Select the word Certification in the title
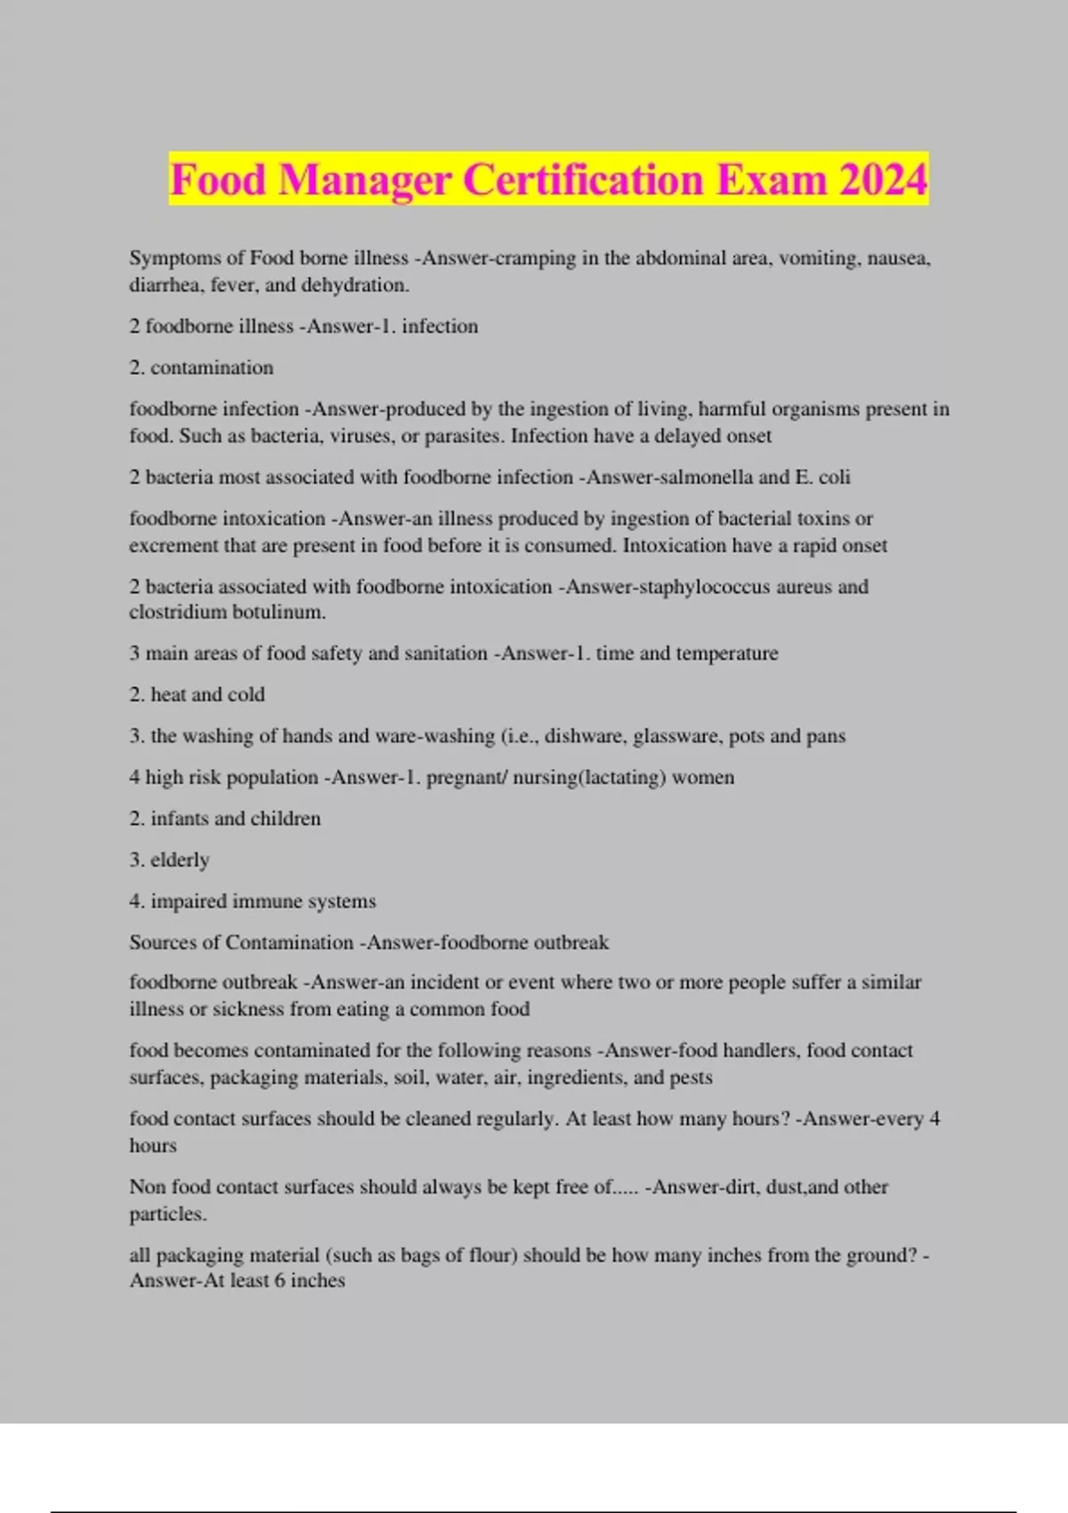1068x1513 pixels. tap(584, 180)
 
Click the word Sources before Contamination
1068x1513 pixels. tap(161, 942)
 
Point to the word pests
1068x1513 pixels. tap(692, 1077)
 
